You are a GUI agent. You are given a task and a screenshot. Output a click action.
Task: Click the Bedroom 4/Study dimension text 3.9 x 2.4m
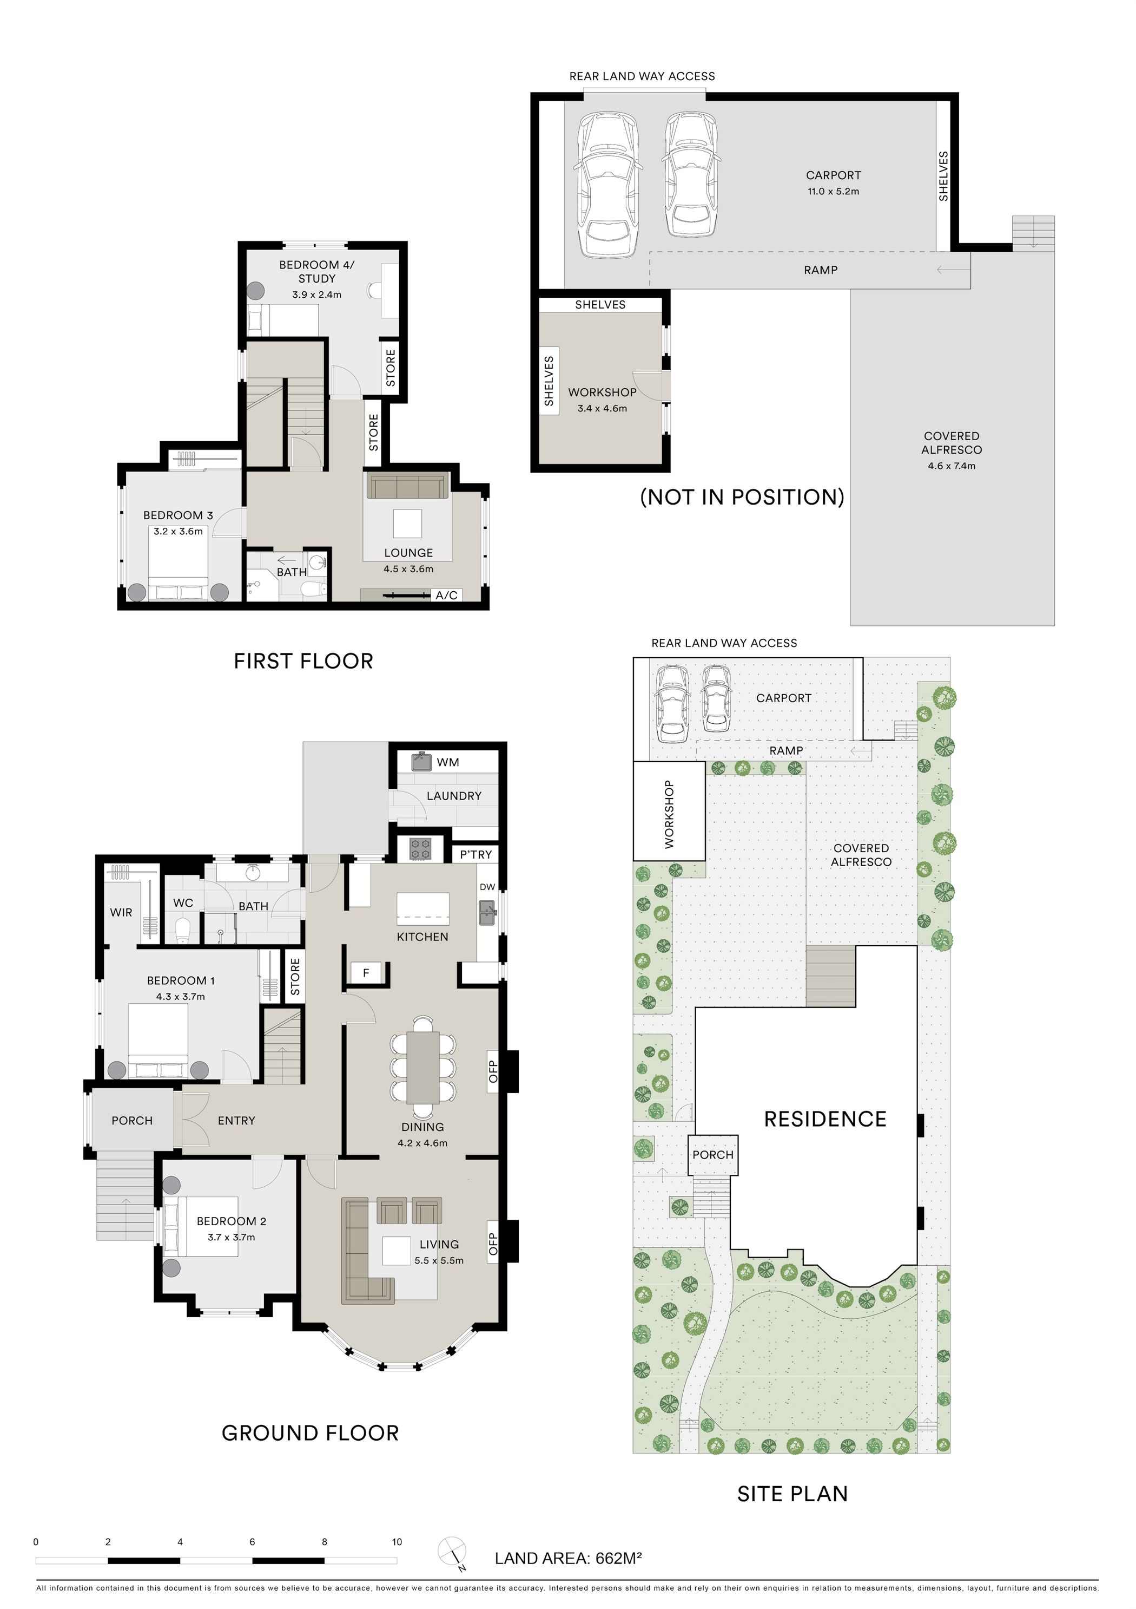[x=316, y=295]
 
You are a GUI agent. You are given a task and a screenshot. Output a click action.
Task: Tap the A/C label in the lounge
[x=446, y=595]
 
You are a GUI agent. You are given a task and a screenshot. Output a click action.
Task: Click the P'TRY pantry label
[x=475, y=854]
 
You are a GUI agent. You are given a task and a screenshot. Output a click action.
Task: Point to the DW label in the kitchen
[x=487, y=886]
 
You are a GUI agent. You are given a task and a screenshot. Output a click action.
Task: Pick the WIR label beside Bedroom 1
[x=121, y=912]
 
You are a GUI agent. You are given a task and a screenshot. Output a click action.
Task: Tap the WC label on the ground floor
[x=183, y=902]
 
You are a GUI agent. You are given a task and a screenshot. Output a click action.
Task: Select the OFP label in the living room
[x=492, y=1244]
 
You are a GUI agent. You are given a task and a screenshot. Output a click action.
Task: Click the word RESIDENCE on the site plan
[x=825, y=1119]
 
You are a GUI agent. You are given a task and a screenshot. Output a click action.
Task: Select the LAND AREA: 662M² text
[x=568, y=1559]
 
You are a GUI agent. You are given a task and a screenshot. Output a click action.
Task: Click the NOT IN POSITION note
[x=742, y=497]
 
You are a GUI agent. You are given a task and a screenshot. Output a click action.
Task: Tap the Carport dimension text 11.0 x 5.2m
[x=833, y=191]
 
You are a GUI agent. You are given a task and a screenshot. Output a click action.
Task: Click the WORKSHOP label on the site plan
[x=669, y=814]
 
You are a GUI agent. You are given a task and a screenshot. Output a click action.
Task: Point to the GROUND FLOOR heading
[x=311, y=1433]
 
